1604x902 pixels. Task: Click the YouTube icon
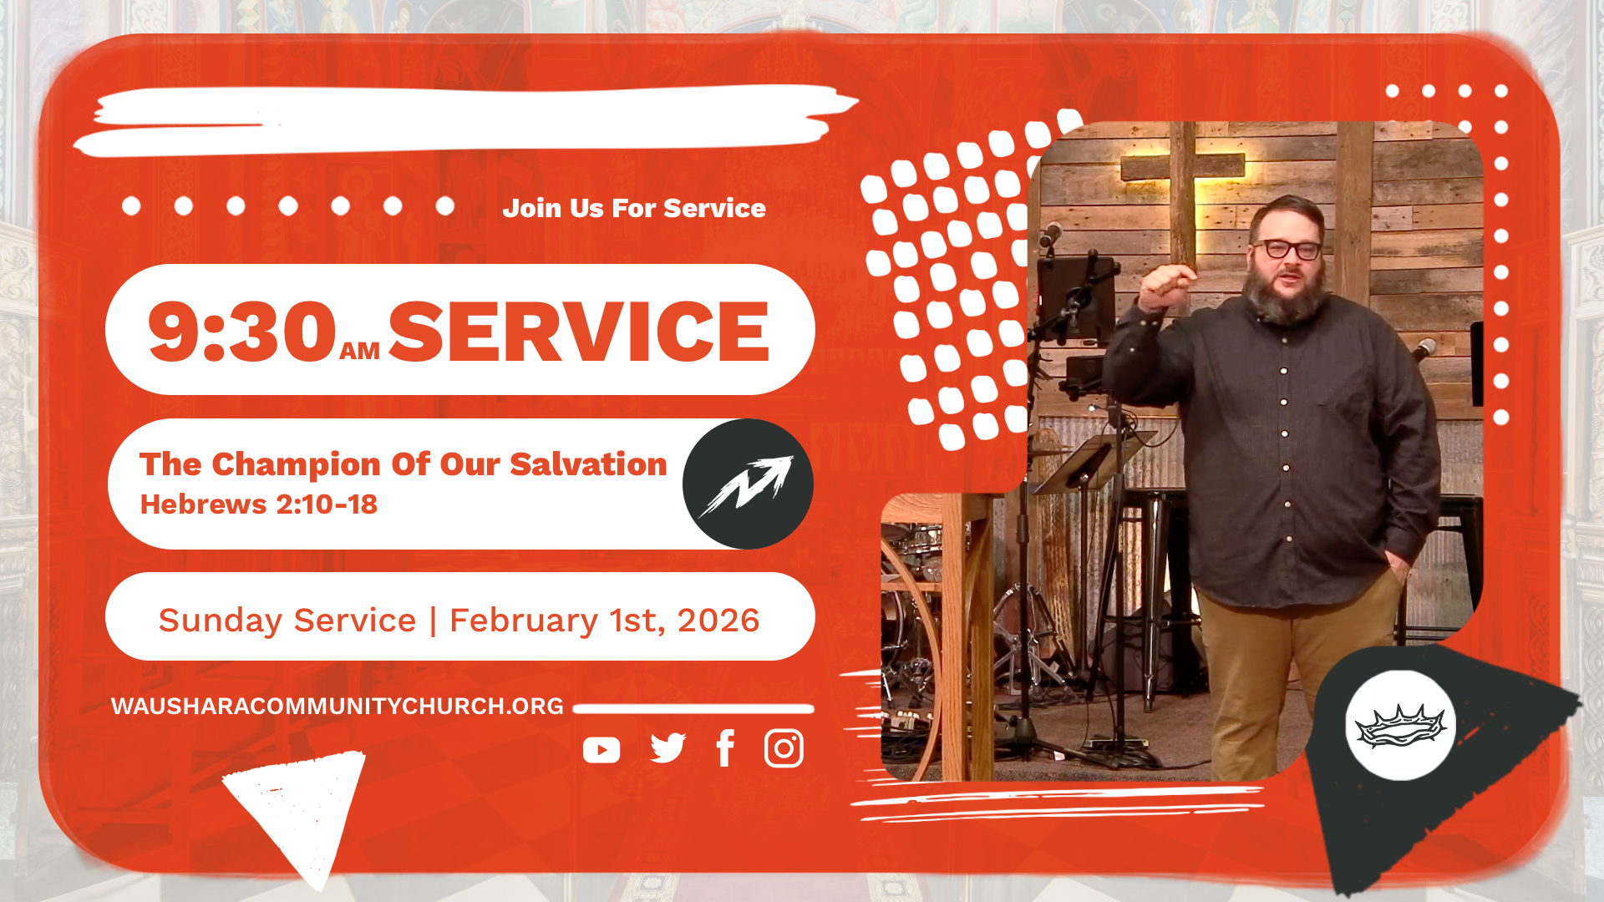coord(601,750)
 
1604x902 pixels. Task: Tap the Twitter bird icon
coord(667,748)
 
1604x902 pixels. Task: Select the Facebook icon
coord(725,748)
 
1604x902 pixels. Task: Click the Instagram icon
coord(784,748)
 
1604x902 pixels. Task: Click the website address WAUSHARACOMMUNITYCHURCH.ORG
coord(338,707)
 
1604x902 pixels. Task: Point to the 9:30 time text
coord(242,332)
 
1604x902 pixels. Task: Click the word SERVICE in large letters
coord(578,332)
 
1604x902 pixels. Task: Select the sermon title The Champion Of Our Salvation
coord(404,464)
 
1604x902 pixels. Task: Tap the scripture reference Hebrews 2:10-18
coord(259,504)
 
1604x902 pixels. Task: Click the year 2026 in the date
coord(718,621)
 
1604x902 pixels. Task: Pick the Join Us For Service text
coord(634,208)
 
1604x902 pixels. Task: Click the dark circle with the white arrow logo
coord(748,484)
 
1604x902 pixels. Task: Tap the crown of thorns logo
coord(1401,725)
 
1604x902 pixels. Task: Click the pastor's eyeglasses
coord(1287,249)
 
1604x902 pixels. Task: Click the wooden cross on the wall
coord(1183,192)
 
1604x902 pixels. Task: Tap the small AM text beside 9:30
coord(360,352)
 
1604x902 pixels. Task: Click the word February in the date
coord(524,621)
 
